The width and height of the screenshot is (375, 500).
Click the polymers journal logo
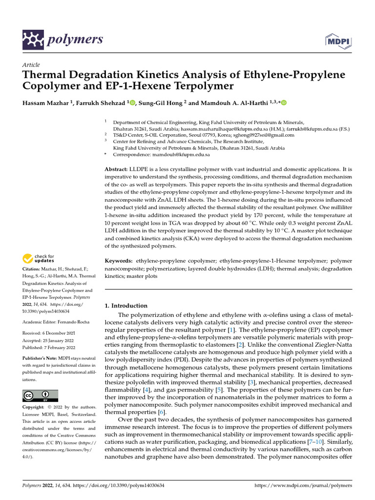click(x=63, y=39)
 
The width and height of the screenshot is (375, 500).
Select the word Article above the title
click(x=31, y=65)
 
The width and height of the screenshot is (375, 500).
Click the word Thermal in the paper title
click(x=47, y=75)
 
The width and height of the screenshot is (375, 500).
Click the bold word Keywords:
click(x=119, y=262)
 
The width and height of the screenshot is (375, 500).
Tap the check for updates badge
click(x=39, y=258)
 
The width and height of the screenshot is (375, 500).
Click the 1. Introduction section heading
click(x=126, y=306)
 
